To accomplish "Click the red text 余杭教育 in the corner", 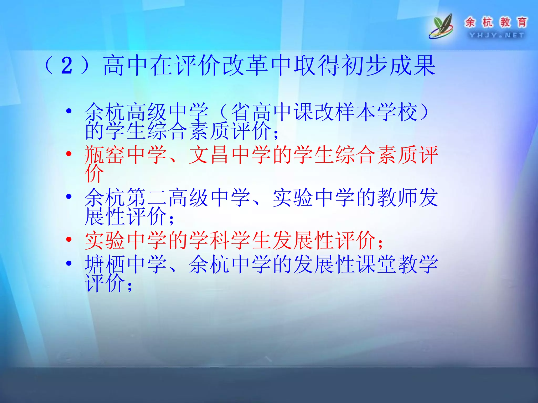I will [x=496, y=22].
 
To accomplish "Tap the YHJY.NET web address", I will [x=496, y=35].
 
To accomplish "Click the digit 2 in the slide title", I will [x=67, y=66].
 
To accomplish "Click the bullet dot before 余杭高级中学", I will [x=69, y=111].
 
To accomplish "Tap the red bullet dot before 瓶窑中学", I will [x=69, y=154].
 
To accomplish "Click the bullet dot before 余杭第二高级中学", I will [x=69, y=197].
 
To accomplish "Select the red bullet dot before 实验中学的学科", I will [x=69, y=239].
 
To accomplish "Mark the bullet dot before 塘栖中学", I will [x=69, y=263].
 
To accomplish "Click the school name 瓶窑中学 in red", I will [x=126, y=155].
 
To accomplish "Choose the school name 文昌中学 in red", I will [x=230, y=155].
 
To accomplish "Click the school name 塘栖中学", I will [x=126, y=264].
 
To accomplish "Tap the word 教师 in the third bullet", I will [x=397, y=198].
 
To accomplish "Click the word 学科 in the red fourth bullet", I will [x=209, y=240].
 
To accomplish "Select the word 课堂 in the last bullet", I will [x=376, y=264].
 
